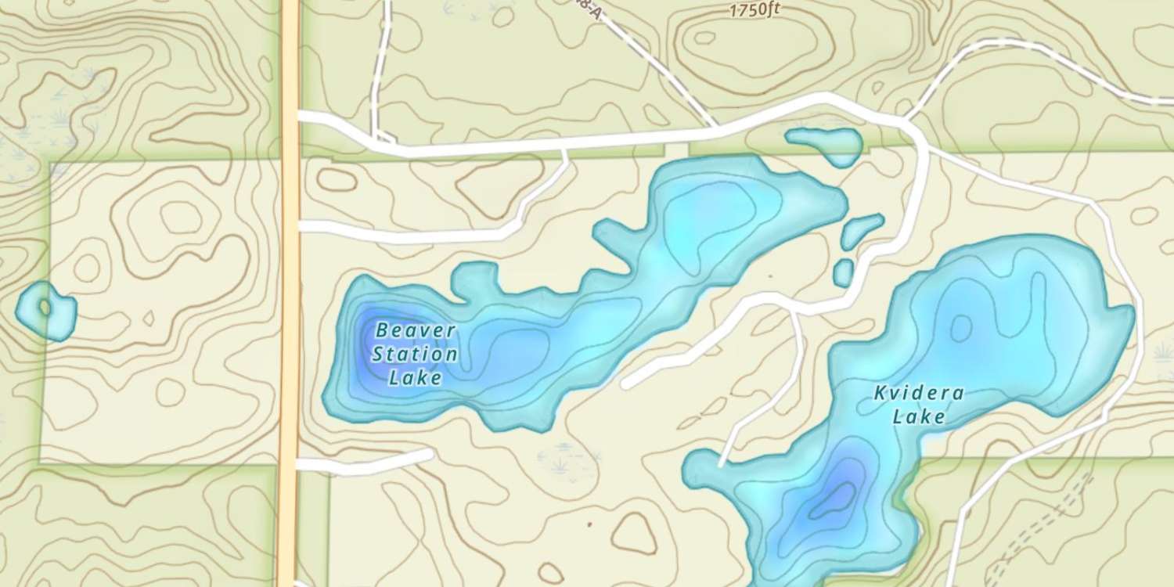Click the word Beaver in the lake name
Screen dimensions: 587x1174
(x=404, y=330)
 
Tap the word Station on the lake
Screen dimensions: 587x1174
(x=415, y=355)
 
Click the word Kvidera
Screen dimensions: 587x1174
(x=919, y=393)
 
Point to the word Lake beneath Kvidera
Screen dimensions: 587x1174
(x=919, y=417)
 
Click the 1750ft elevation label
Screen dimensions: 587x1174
(x=754, y=10)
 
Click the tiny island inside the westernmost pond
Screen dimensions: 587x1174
(x=45, y=307)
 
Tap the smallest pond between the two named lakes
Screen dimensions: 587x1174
(x=843, y=272)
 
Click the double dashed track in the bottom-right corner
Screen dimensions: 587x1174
(x=1041, y=524)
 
